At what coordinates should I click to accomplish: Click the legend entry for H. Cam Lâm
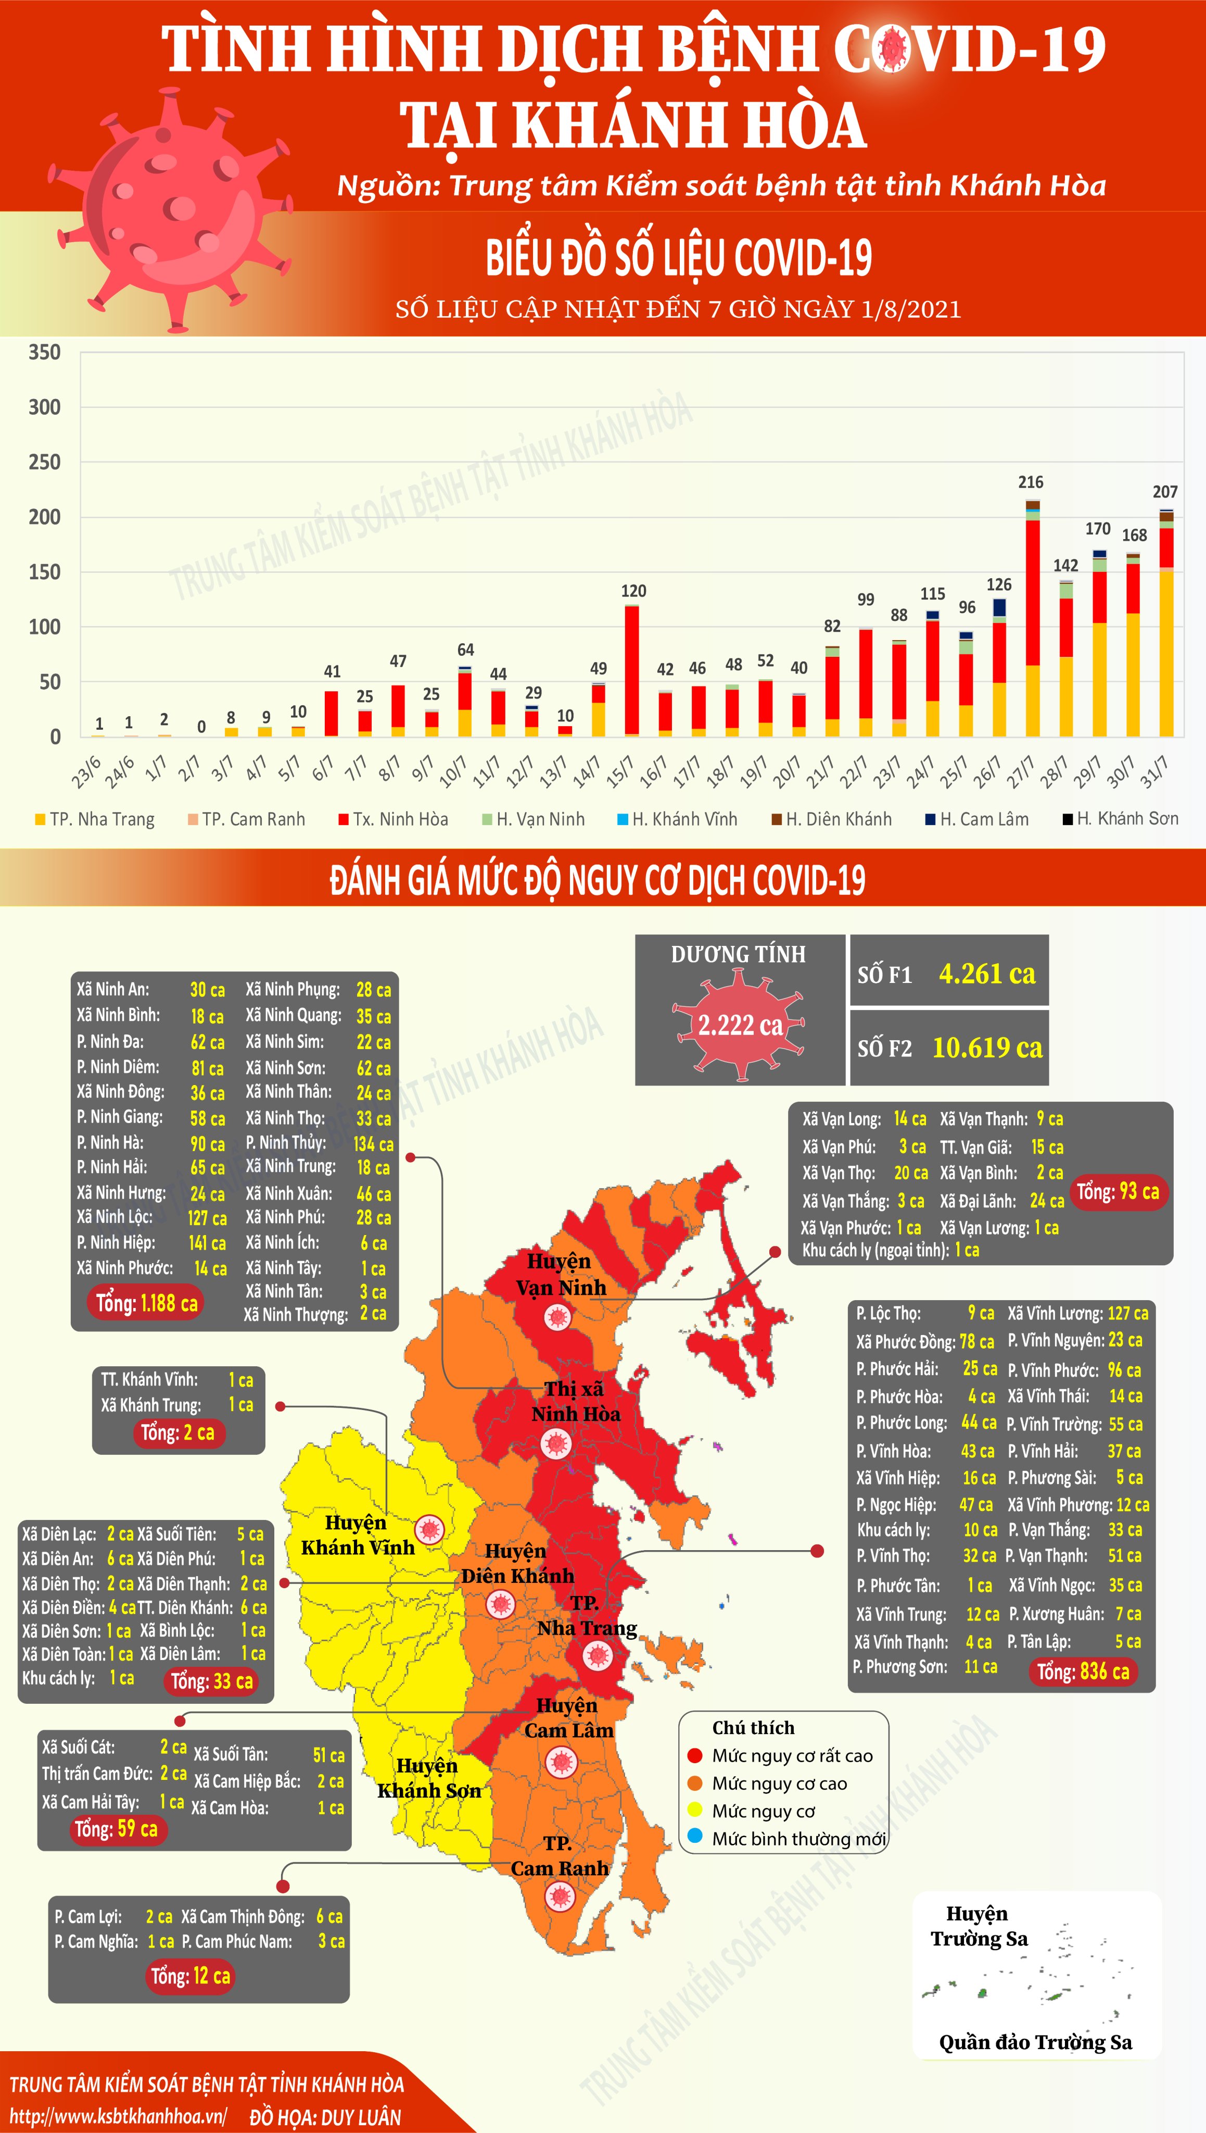(x=978, y=819)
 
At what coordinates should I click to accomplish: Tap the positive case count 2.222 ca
(x=740, y=1026)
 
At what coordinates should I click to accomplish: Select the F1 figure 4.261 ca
(x=986, y=974)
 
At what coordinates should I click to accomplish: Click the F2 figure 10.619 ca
(x=987, y=1048)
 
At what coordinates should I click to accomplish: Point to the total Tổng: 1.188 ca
(x=147, y=1303)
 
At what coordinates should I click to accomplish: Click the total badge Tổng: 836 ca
(x=1083, y=1672)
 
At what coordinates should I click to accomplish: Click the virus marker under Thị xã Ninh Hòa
(x=556, y=1443)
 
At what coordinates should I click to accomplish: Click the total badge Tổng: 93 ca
(x=1118, y=1192)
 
